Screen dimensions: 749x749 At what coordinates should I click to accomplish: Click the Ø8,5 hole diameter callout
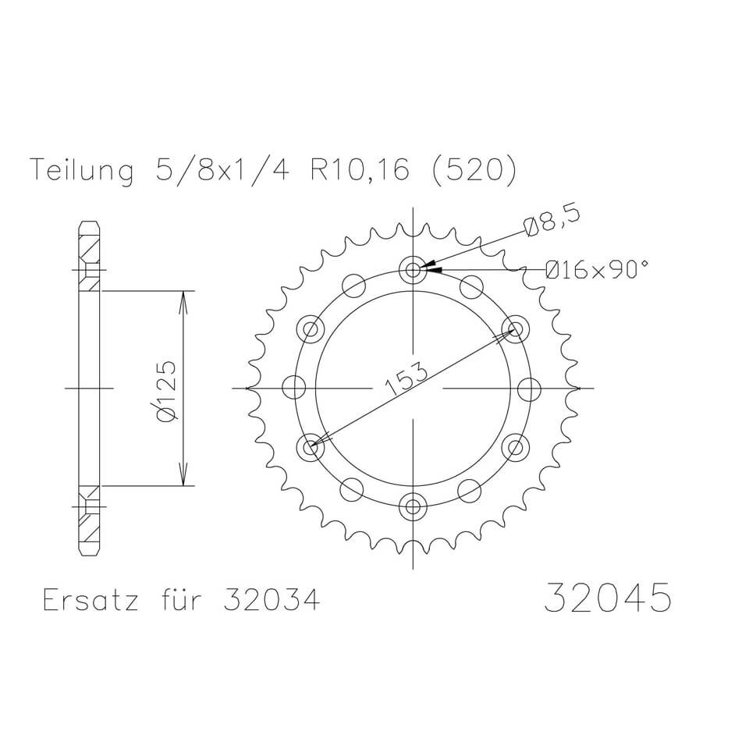click(552, 225)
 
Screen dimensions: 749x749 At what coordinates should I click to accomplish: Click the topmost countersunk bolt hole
click(413, 269)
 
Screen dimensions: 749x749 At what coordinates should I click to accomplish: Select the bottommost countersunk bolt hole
click(413, 507)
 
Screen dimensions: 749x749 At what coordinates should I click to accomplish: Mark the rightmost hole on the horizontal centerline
click(531, 388)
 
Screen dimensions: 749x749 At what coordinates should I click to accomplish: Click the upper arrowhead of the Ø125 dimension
click(183, 300)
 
